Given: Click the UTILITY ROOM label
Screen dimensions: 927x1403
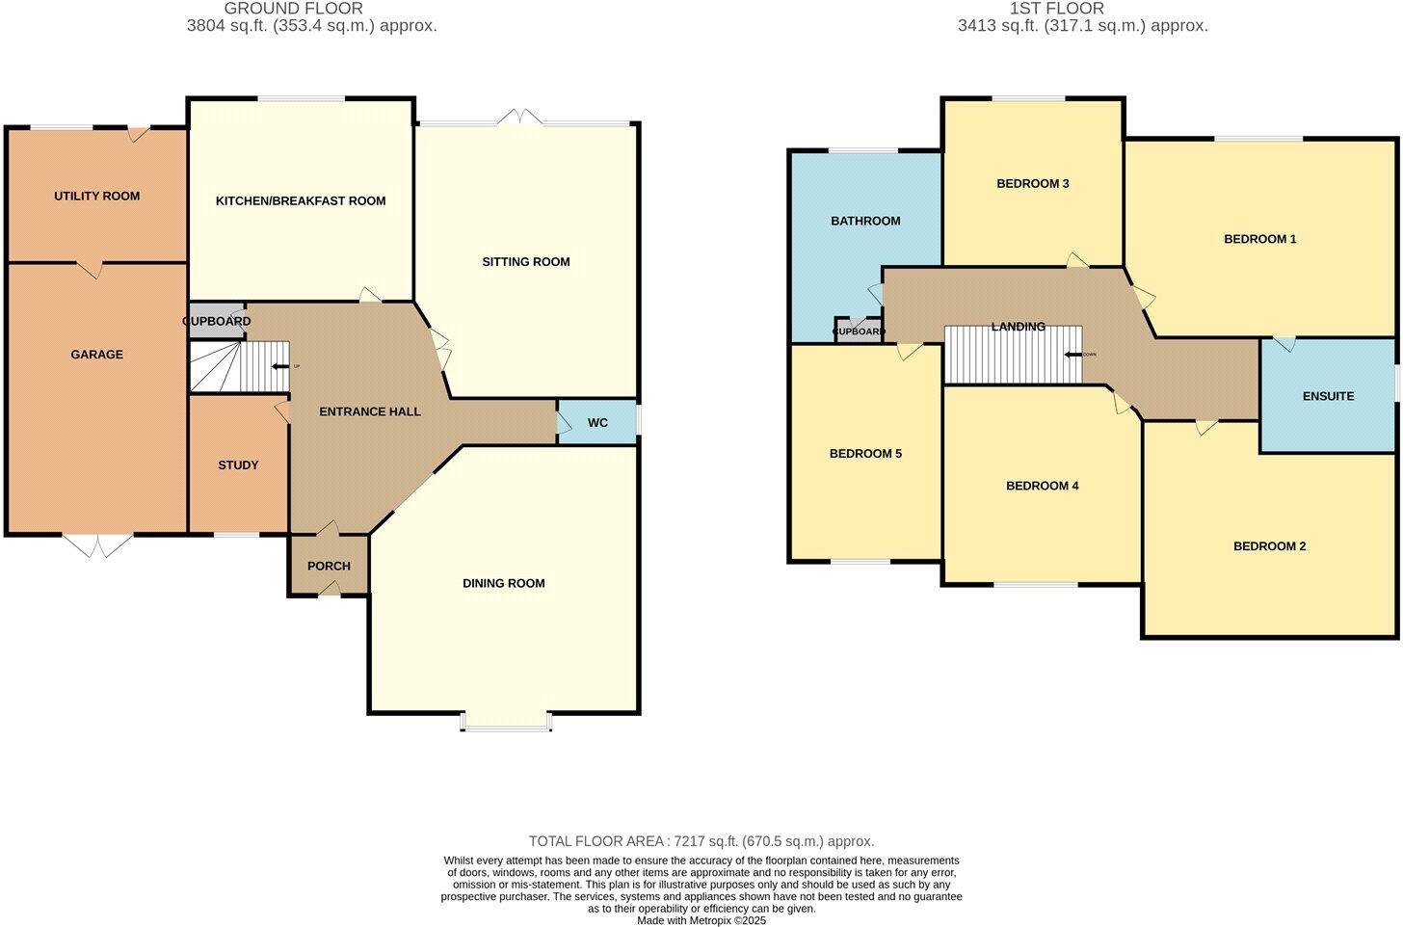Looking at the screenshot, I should pos(96,196).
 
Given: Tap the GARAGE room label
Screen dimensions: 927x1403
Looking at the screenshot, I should pos(96,355).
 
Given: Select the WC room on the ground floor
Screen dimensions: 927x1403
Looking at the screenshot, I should pos(597,423).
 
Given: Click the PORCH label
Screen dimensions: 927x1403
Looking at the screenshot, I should pos(329,566).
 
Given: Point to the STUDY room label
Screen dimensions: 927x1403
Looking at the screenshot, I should pos(238,465).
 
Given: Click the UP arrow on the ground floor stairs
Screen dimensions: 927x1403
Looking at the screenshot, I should pos(280,366).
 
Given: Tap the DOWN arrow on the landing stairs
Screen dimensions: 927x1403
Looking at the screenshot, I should pos(1072,354).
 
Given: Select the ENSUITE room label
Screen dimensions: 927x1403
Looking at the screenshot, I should pos(1328,396).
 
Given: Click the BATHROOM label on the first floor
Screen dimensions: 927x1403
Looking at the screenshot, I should pos(865,221).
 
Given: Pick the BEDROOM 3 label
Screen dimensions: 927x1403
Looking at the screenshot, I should pos(1033,183).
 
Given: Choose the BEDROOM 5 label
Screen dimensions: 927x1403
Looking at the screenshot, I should pos(865,454).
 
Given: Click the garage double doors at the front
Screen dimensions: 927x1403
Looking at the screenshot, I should pos(99,544).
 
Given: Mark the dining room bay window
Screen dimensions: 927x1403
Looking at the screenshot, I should pos(507,723).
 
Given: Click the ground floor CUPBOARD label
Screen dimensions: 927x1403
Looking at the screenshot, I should pos(217,321).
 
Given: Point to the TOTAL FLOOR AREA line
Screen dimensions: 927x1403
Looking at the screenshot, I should pos(701,841).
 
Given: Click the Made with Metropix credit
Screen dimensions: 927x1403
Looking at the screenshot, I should pos(701,920).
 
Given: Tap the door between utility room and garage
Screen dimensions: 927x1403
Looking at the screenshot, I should pos(90,269).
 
